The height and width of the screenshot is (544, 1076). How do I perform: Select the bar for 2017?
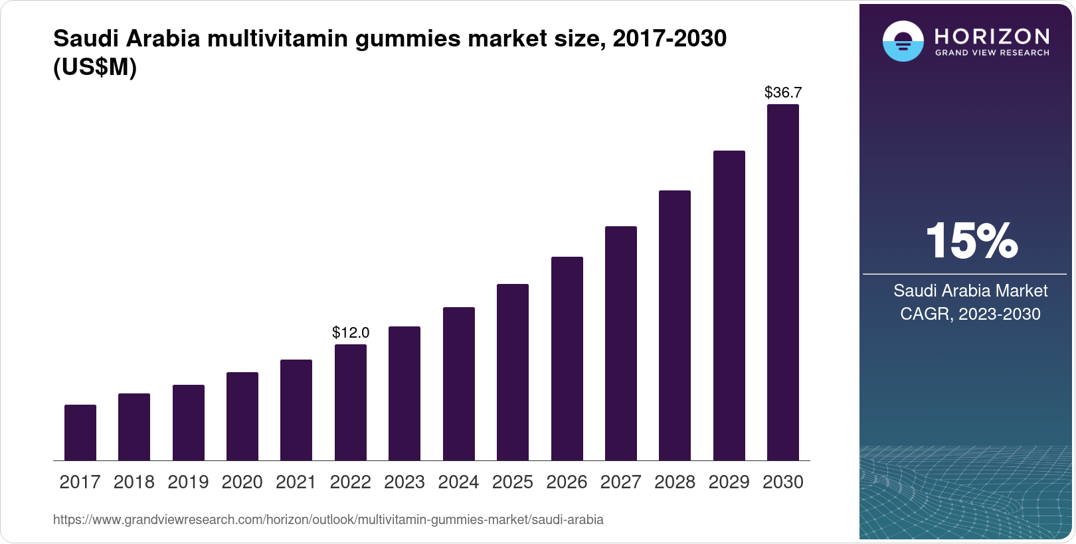click(80, 433)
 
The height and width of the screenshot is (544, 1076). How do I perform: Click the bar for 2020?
click(242, 416)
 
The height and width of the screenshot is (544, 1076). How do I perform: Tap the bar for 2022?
click(351, 402)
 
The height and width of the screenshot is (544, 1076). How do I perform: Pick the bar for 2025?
click(513, 372)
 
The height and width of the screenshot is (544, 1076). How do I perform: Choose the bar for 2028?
click(675, 325)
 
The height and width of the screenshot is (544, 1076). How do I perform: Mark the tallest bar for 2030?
click(783, 282)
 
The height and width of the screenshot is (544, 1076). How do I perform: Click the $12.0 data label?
click(351, 332)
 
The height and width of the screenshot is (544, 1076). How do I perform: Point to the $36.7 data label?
click(783, 92)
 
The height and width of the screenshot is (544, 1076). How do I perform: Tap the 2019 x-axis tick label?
click(188, 482)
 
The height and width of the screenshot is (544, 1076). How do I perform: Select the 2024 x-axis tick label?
click(458, 482)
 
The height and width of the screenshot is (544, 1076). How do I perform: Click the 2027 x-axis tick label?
click(620, 482)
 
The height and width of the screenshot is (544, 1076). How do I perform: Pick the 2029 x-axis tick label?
click(729, 482)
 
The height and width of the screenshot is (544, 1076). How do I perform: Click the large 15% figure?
click(971, 241)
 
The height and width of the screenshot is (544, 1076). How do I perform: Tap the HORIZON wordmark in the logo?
click(992, 36)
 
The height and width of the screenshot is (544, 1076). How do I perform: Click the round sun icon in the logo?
click(903, 41)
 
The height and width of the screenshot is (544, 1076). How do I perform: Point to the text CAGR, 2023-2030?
click(970, 314)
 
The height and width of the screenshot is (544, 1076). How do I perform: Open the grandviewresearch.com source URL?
click(328, 519)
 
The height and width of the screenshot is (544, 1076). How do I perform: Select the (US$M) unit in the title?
click(95, 67)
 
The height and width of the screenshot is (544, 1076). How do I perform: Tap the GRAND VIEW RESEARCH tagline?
click(992, 53)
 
